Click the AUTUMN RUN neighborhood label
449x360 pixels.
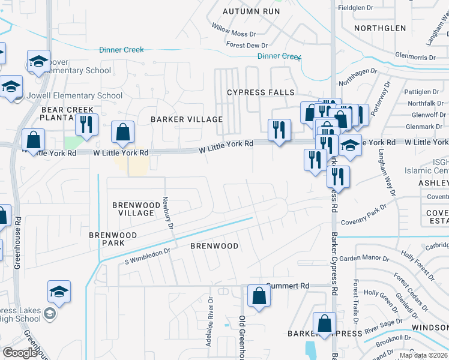[x=252, y=11]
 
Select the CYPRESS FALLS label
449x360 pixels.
[x=261, y=92]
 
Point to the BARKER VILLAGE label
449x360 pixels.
[x=186, y=119]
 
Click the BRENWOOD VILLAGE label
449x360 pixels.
[x=133, y=209]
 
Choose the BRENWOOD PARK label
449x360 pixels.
[x=113, y=239]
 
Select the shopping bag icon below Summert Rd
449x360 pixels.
[x=259, y=296]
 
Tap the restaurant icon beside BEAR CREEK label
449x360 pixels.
[x=87, y=124]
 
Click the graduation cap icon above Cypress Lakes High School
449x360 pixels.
[x=59, y=292]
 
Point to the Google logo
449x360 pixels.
[x=20, y=353]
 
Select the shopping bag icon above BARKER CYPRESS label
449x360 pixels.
[x=325, y=323]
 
